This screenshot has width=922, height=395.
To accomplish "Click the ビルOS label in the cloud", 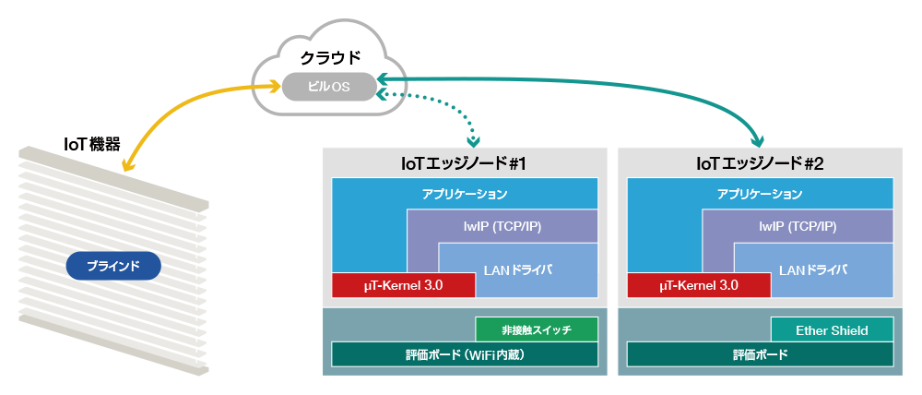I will pyautogui.click(x=329, y=88).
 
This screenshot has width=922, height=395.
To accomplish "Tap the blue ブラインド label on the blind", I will pyautogui.click(x=113, y=267).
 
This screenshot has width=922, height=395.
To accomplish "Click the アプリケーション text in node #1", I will pyautogui.click(x=465, y=195).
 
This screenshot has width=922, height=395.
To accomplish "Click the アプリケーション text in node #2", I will pyautogui.click(x=760, y=195).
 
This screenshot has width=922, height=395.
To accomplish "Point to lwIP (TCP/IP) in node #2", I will pyautogui.click(x=797, y=226).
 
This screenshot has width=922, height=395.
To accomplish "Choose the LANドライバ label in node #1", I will pyautogui.click(x=517, y=269).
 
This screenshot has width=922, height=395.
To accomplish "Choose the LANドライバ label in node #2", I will pyautogui.click(x=812, y=269).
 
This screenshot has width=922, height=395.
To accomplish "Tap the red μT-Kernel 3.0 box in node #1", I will pyautogui.click(x=403, y=286).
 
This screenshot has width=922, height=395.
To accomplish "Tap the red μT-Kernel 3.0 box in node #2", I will pyautogui.click(x=699, y=286).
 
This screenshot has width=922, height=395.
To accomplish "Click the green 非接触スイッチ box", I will pyautogui.click(x=536, y=329).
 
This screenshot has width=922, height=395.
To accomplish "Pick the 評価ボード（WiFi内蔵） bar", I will pyautogui.click(x=465, y=354).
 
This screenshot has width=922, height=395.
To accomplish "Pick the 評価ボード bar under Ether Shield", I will pyautogui.click(x=760, y=354).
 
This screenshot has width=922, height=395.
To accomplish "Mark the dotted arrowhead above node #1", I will pyautogui.click(x=474, y=141).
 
